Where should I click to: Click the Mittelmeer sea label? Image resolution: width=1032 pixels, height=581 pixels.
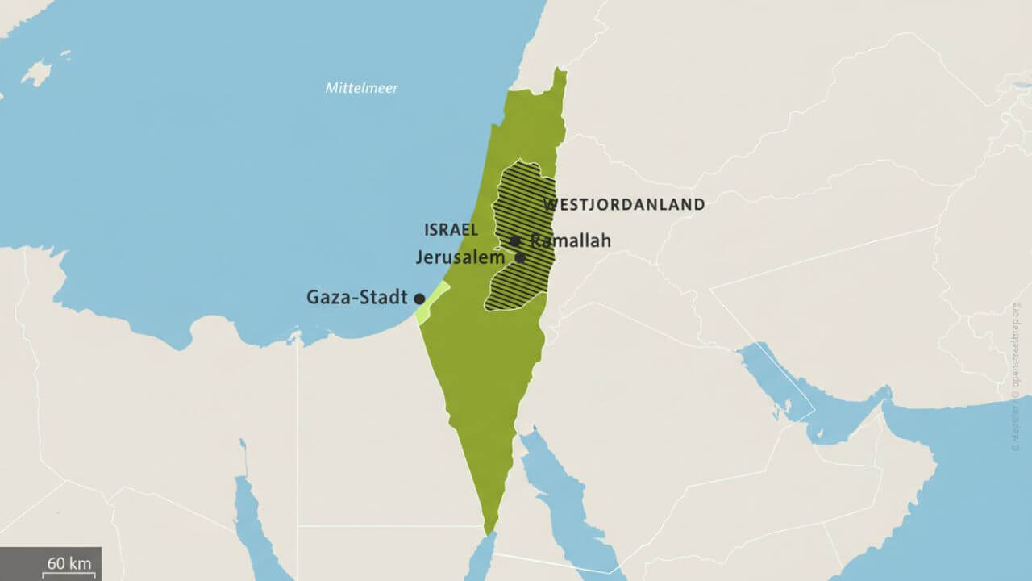tap(361, 88)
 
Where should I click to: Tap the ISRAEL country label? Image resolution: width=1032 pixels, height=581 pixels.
tap(451, 230)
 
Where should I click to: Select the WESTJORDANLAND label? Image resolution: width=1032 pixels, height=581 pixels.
tap(624, 205)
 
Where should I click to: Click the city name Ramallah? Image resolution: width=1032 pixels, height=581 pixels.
tap(570, 240)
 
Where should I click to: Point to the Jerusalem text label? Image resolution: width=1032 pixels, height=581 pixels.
tap(460, 258)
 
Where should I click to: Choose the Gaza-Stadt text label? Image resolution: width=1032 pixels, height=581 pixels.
tap(356, 298)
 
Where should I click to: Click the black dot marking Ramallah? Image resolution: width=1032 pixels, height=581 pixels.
tap(514, 241)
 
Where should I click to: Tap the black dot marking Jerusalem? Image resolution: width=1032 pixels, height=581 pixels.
tap(520, 258)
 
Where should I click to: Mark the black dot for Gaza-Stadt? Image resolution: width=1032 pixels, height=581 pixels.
tap(419, 299)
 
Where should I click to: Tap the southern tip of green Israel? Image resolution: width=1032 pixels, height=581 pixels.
tap(488, 530)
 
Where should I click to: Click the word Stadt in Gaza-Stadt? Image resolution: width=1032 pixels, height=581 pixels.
tap(387, 298)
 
